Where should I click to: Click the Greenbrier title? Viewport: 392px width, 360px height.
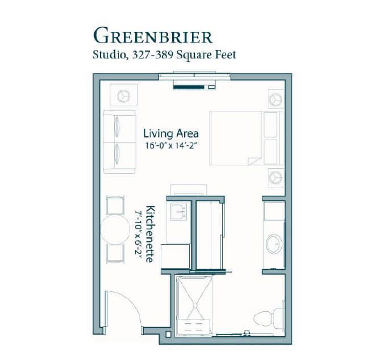153,36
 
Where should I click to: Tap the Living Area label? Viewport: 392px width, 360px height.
171,133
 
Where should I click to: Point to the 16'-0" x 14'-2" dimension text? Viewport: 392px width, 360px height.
170,146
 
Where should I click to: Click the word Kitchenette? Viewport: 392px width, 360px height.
150,234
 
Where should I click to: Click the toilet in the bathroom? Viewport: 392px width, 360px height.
269,319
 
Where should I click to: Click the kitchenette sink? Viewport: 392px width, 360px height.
178,212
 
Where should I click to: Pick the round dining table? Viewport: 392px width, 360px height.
115,229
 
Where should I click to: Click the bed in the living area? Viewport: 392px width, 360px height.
245,138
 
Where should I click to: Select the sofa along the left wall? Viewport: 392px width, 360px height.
119,142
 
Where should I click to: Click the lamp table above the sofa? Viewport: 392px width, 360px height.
123,95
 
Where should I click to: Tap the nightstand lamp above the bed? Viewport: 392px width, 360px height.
276,99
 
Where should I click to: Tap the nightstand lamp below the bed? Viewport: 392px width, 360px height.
276,178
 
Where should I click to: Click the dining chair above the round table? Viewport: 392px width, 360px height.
115,205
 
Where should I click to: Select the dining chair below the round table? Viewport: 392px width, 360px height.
115,254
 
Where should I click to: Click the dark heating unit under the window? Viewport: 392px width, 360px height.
189,87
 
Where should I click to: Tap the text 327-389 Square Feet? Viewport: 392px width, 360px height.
184,55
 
